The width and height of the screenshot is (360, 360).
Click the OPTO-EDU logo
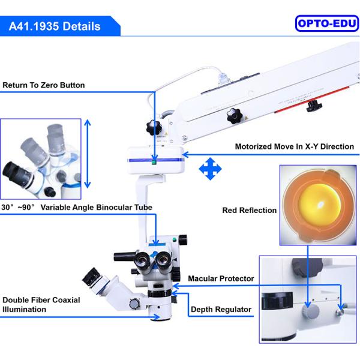click(327, 23)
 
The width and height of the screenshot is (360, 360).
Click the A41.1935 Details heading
click(55, 26)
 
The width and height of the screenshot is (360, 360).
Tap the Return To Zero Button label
click(44, 85)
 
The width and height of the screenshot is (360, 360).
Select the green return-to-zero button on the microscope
click(154, 162)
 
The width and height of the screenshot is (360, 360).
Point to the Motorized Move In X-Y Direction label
click(295, 146)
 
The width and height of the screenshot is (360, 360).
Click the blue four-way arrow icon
click(210, 169)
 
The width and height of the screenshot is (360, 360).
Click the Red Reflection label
click(250, 211)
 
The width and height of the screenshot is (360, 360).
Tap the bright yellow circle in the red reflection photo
click(319, 205)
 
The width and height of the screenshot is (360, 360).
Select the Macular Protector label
click(221, 278)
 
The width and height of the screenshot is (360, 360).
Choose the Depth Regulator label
click(221, 309)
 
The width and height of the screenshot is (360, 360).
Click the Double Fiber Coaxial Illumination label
click(41, 305)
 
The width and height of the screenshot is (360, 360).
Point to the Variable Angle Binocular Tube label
click(77, 208)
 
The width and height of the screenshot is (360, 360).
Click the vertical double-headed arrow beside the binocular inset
click(88, 154)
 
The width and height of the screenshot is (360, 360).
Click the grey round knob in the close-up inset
click(311, 311)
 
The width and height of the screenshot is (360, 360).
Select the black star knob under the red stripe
click(314, 106)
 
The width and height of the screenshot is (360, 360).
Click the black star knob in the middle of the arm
click(235, 116)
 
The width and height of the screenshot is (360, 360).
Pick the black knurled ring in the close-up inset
click(277, 301)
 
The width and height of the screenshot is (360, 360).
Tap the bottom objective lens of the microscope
click(160, 318)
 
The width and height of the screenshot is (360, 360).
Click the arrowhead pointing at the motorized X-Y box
click(185, 155)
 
